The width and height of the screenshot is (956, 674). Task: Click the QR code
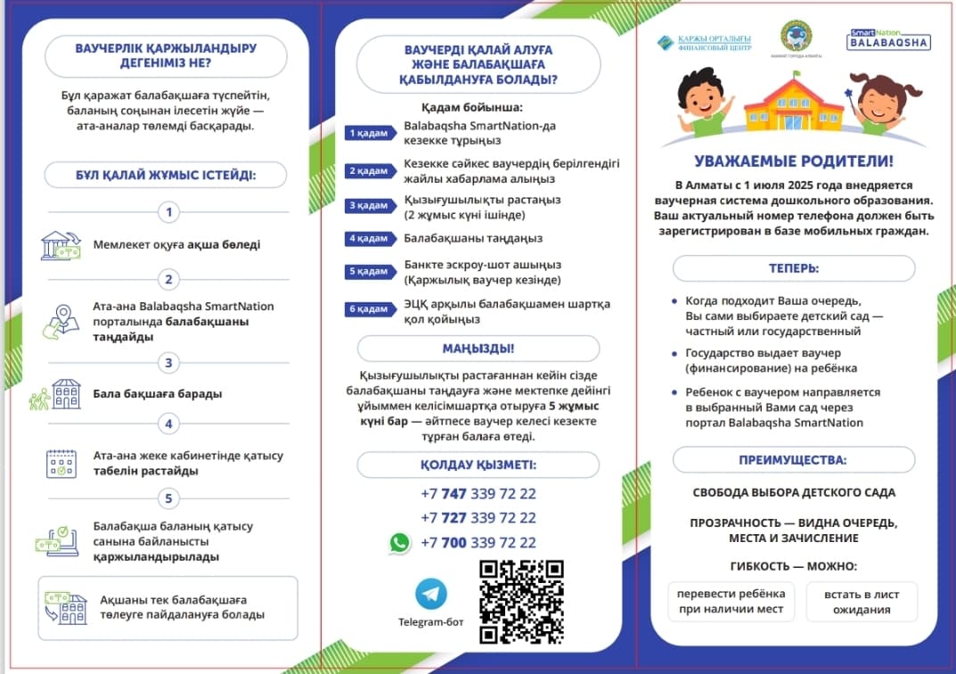521,602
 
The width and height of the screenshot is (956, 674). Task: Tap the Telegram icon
431,594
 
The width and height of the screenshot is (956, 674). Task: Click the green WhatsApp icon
400,542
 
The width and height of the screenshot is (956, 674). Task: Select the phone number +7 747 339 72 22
478,493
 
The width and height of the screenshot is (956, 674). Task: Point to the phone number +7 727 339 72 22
478,518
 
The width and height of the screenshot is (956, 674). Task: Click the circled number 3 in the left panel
168,363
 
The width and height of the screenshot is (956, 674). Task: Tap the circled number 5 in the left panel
168,498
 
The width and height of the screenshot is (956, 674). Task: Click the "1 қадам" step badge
368,133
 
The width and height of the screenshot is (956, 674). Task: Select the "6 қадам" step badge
368,309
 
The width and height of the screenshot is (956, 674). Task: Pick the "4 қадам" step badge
368,239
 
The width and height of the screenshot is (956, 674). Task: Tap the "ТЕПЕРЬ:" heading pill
793,268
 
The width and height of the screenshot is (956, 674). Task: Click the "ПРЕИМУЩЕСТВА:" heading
793,460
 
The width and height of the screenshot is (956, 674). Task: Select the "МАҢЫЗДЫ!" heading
478,349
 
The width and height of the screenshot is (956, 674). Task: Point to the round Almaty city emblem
796,37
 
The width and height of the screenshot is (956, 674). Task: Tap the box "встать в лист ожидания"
861,602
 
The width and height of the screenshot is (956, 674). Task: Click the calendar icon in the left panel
61,464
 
